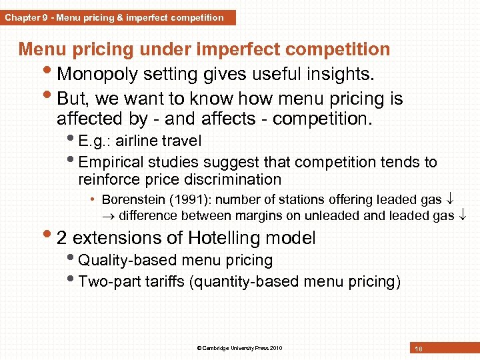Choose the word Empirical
[111, 162]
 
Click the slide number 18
[419, 349]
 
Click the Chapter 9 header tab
[117, 18]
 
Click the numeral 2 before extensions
[62, 238]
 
